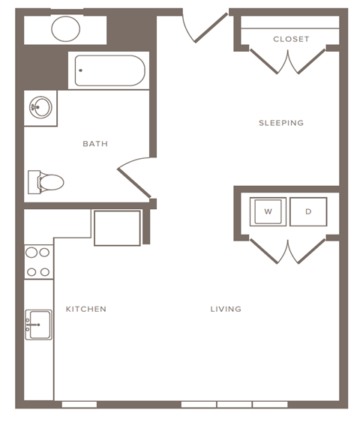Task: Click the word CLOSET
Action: tap(291, 39)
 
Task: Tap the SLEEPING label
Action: tap(281, 123)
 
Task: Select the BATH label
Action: tap(95, 144)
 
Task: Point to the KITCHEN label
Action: tap(85, 309)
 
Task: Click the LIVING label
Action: tap(226, 309)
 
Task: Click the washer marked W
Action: tap(268, 211)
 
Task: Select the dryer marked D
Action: tap(308, 211)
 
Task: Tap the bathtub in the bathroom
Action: tap(109, 71)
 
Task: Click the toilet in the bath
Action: tap(46, 181)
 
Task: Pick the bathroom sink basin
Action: tap(40, 108)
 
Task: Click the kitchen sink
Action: tap(38, 325)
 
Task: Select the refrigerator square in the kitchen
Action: tap(117, 228)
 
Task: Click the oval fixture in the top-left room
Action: tap(66, 29)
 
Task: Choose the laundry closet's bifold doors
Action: tap(288, 251)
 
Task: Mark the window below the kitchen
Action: tap(79, 405)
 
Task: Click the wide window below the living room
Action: tap(234, 405)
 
